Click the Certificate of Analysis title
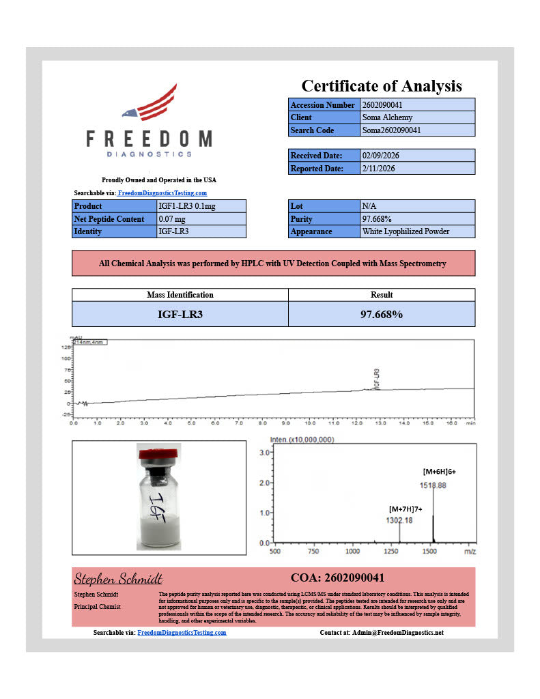pyautogui.click(x=381, y=86)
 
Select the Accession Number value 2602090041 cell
pyautogui.click(x=416, y=105)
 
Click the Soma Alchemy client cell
pyautogui.click(x=416, y=117)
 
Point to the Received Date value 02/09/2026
pyautogui.click(x=416, y=156)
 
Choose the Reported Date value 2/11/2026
pyautogui.click(x=416, y=168)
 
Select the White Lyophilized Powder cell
pyautogui.click(x=416, y=231)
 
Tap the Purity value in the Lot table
pyautogui.click(x=416, y=219)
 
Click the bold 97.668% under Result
pyautogui.click(x=381, y=314)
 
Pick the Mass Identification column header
pyautogui.click(x=180, y=295)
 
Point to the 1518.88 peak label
pyautogui.click(x=433, y=485)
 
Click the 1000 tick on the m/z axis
pyautogui.click(x=352, y=551)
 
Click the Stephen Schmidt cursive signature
pyautogui.click(x=117, y=579)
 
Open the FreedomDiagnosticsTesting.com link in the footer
pyautogui.click(x=182, y=633)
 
